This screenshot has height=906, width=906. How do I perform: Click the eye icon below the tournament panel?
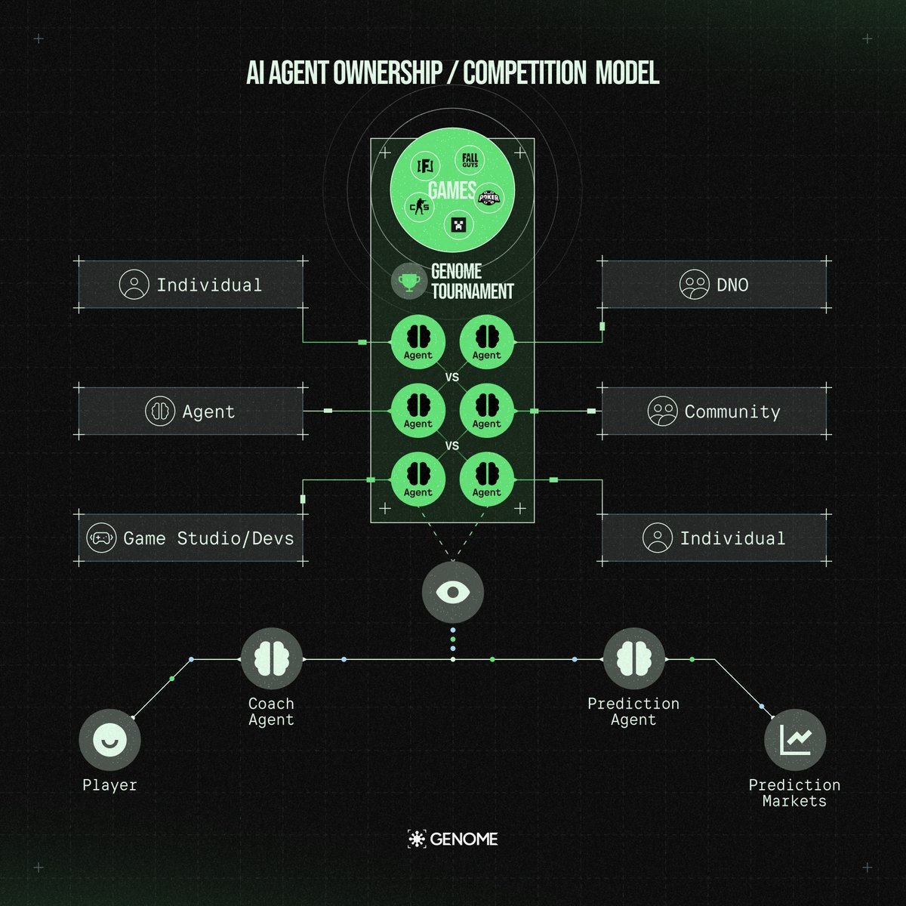(453, 591)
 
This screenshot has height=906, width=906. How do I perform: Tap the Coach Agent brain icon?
(272, 658)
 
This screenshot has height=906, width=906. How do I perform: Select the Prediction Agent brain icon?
(634, 658)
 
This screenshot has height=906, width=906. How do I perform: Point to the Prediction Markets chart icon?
(795, 740)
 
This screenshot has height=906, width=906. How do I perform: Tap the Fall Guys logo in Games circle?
(470, 162)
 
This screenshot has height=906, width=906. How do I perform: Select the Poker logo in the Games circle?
(490, 198)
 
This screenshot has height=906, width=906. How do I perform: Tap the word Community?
(732, 411)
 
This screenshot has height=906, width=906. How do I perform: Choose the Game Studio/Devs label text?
(208, 538)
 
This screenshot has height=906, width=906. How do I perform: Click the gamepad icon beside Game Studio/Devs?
(101, 538)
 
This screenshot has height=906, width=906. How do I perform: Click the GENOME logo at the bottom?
(453, 838)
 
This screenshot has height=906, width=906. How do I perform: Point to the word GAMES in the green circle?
(451, 190)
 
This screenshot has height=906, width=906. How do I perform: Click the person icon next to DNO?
(694, 285)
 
